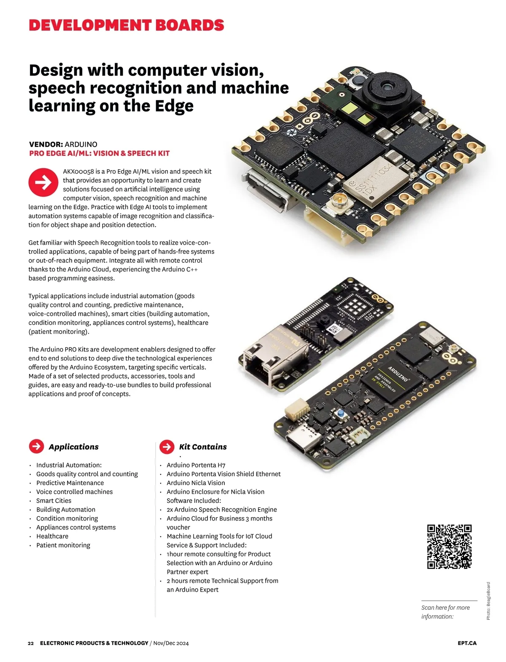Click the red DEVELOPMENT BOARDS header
coord(126,25)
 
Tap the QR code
coord(449,547)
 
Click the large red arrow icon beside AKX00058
coord(43,182)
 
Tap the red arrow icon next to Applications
coord(37,446)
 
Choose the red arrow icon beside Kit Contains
coord(167,446)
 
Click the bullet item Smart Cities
coord(54,500)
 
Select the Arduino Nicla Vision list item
coord(196,483)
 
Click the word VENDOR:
coord(46,144)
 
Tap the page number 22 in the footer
coord(31,643)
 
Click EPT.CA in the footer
coord(467,643)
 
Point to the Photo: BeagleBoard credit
coord(488,601)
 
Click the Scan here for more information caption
coord(445,612)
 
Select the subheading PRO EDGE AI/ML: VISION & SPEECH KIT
coord(100,153)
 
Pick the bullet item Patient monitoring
coord(63,545)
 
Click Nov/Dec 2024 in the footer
coord(171,643)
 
